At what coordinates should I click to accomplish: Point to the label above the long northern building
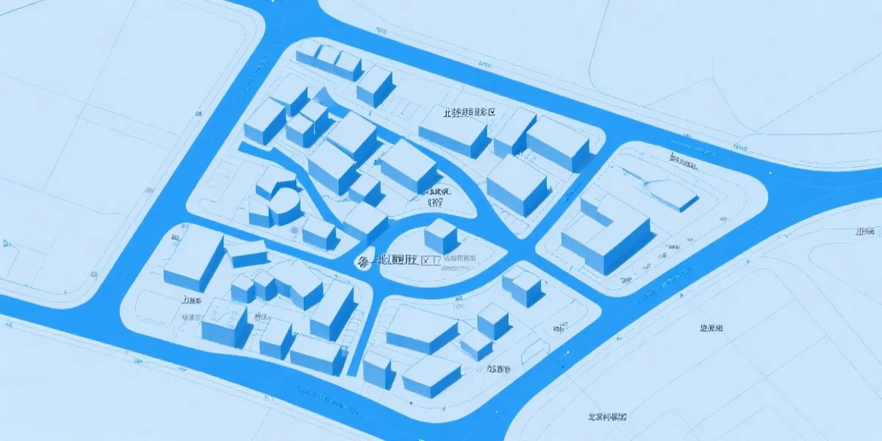click(467, 113)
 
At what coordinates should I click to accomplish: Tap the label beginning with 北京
click(607, 417)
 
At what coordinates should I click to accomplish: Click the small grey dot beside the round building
click(295, 231)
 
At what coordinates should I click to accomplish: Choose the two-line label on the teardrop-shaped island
click(438, 196)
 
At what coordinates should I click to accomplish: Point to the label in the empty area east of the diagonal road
click(711, 328)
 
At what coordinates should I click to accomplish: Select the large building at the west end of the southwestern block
click(193, 257)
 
